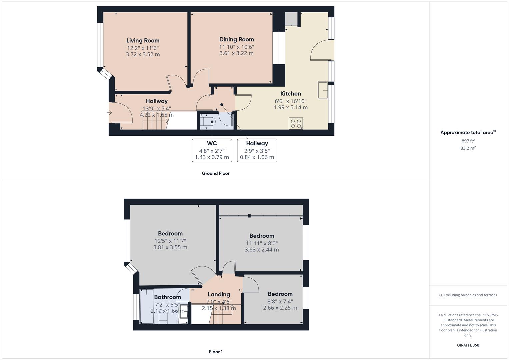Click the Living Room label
point(143,41)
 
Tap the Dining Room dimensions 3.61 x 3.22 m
point(236,53)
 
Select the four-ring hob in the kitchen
point(296,123)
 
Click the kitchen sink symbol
point(322,90)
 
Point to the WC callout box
point(212,150)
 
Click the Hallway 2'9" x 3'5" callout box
point(257,150)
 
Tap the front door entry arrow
point(109,113)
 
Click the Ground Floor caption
point(215,173)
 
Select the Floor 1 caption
point(215,352)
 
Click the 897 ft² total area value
point(468,141)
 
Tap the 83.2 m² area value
point(468,148)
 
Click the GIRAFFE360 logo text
point(468,345)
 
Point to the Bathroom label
point(167,297)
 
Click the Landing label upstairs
point(219,294)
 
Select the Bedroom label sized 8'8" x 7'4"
point(280,294)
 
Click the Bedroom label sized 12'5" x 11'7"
point(170,234)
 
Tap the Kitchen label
point(290,94)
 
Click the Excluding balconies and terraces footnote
point(468,295)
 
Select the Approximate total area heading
point(468,132)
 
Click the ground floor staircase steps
point(154,123)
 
